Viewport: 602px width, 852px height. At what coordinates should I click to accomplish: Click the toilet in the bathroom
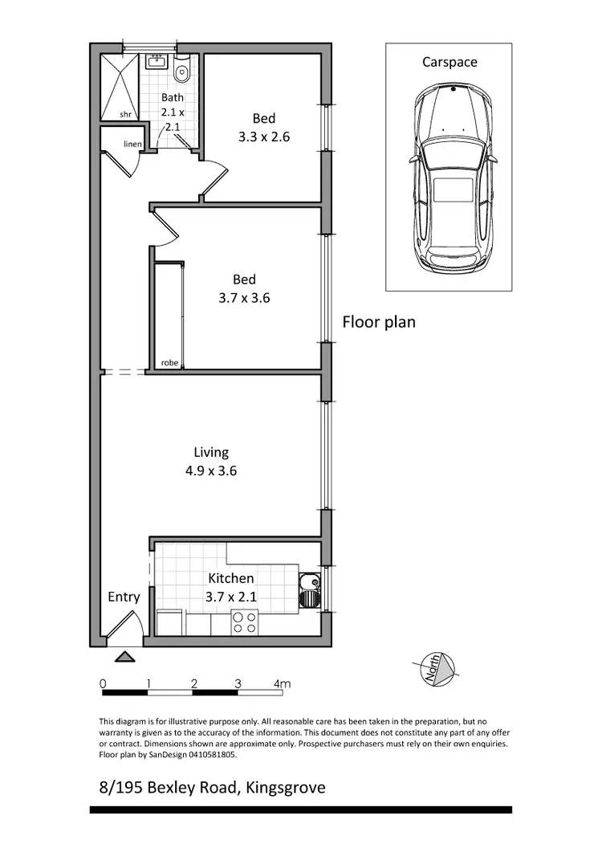183,73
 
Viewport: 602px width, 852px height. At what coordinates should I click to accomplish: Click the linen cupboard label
132,144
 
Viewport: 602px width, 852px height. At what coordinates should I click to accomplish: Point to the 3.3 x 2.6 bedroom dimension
263,137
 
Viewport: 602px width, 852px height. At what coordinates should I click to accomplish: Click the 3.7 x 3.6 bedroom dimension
244,297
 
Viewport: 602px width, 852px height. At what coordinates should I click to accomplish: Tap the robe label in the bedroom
169,363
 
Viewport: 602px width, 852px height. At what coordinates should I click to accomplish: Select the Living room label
211,452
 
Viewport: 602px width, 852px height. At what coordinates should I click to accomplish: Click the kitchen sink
308,590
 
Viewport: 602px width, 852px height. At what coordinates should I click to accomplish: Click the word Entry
124,597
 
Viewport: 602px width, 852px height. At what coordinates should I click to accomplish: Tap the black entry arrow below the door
124,657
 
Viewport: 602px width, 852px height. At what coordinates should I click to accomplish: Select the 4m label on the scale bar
281,683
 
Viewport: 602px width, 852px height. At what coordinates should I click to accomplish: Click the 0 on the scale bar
103,683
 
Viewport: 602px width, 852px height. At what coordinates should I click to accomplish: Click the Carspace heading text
449,62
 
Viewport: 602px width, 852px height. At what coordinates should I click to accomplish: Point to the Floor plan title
379,322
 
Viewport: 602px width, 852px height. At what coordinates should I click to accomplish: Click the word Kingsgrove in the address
286,788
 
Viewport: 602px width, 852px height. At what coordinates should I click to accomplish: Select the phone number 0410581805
209,755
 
